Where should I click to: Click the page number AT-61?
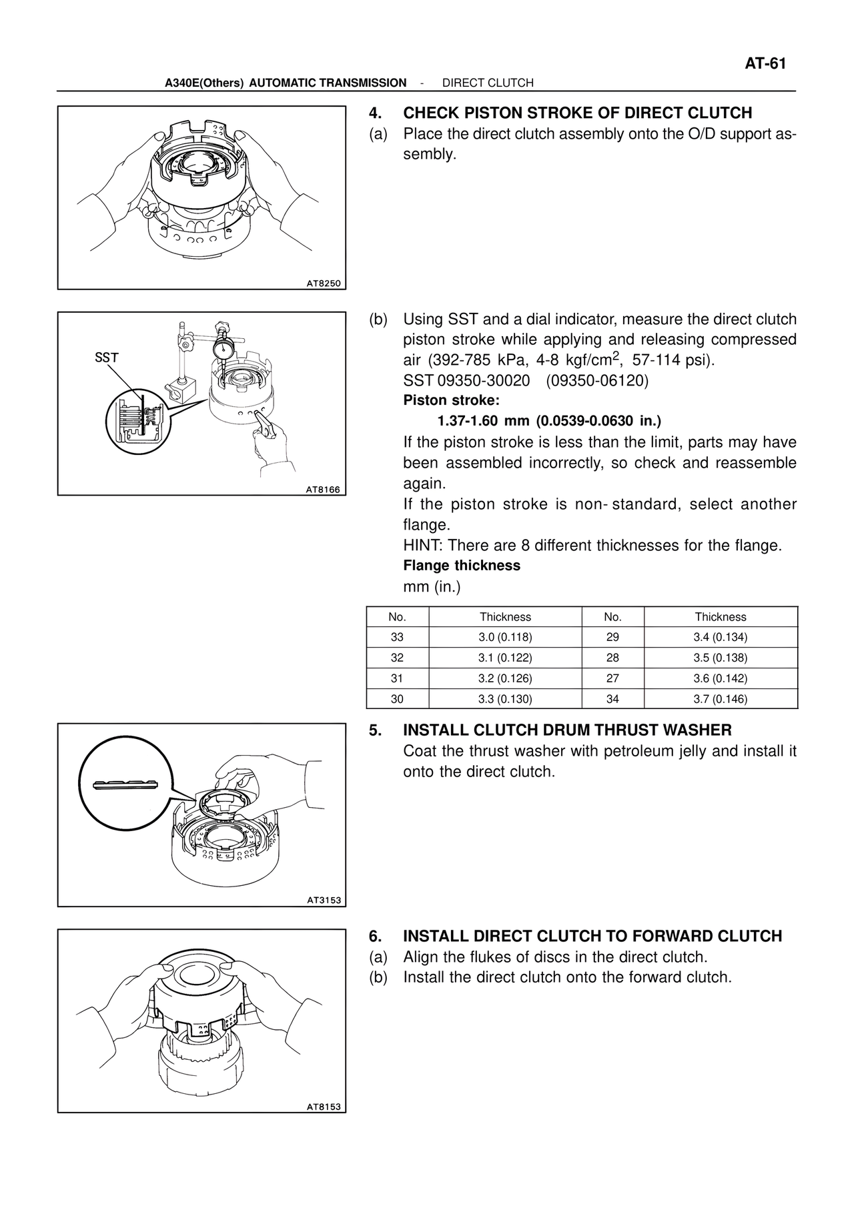[x=765, y=64]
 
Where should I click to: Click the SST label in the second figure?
[x=107, y=358]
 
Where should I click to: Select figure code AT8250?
[x=323, y=283]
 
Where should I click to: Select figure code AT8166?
[x=323, y=490]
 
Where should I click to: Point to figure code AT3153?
[x=324, y=900]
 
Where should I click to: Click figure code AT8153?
[x=324, y=1107]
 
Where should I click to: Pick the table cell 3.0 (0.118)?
[x=505, y=637]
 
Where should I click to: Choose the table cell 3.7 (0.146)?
[x=721, y=699]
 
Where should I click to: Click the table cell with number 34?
[x=612, y=699]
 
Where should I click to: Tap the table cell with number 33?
[x=397, y=637]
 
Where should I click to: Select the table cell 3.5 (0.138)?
[x=721, y=658]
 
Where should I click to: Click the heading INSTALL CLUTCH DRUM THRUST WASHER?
[x=567, y=730]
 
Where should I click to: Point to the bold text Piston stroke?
[x=451, y=401]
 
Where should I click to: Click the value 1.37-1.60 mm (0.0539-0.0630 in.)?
[x=548, y=421]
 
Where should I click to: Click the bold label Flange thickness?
[x=462, y=566]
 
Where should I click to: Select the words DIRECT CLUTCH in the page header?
[x=488, y=83]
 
